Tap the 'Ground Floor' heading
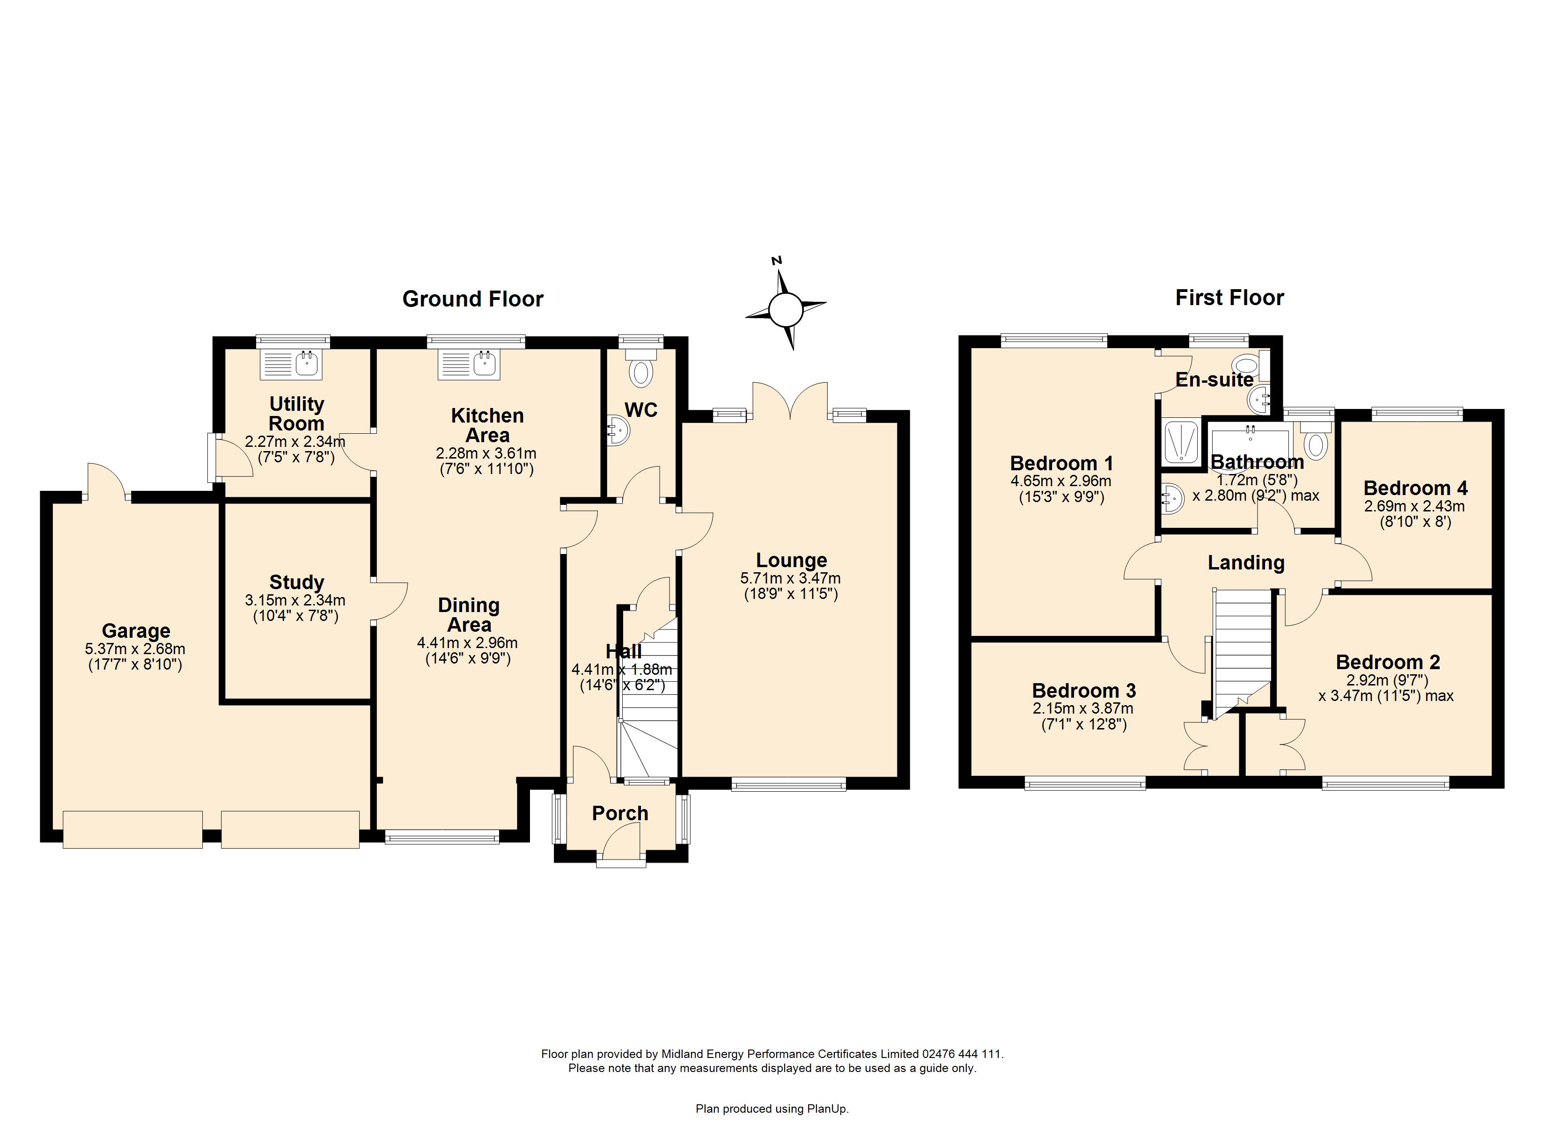473,299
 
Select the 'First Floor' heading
1229,298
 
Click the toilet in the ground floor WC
640,368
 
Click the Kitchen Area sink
470,365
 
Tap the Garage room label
136,631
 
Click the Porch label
620,813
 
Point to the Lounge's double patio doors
790,401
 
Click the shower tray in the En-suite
1181,443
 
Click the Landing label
1246,562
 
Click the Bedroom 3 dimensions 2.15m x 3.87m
1083,708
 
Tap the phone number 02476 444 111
962,1054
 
